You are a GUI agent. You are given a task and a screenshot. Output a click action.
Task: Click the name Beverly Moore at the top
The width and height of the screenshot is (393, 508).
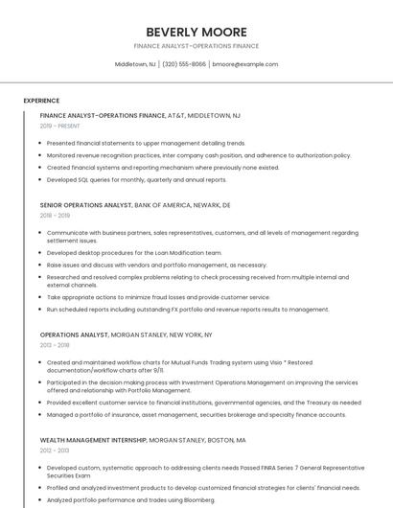[x=196, y=32]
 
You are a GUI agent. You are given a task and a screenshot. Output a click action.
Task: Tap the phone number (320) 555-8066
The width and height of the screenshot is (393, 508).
[x=183, y=64]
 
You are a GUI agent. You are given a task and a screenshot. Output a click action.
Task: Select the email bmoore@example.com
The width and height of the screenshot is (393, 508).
[x=245, y=64]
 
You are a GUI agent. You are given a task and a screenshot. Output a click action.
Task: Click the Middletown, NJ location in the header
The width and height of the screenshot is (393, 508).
[x=135, y=64]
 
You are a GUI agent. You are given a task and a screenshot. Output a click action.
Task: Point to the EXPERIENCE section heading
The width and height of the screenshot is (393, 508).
[x=41, y=100]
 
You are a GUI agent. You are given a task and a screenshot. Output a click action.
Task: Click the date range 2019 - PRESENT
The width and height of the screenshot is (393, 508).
[x=60, y=126]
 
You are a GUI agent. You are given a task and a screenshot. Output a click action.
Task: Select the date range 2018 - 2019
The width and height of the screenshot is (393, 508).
[x=55, y=216]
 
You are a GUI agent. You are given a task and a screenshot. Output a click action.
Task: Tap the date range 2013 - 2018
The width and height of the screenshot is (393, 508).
[x=55, y=345]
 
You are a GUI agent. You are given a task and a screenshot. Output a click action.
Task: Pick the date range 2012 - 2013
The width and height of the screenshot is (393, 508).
[x=55, y=449]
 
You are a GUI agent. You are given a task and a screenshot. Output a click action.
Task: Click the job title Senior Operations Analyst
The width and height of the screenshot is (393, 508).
[x=85, y=205]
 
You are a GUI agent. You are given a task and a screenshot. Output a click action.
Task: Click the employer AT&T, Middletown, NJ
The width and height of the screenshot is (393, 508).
[x=204, y=115]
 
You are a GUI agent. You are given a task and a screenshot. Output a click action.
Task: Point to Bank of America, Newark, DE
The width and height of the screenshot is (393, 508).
[x=183, y=205]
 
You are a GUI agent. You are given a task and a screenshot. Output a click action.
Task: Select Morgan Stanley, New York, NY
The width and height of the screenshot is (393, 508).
[x=162, y=335]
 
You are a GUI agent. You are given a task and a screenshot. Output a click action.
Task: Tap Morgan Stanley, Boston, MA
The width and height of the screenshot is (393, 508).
[x=197, y=439]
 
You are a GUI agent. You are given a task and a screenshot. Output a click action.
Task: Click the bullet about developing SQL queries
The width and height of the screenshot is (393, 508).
[x=137, y=179]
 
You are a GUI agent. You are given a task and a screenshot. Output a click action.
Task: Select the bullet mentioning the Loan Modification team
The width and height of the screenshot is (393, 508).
[x=134, y=253]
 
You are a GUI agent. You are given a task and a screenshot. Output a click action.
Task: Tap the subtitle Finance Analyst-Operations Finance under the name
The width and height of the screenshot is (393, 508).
[x=196, y=46]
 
